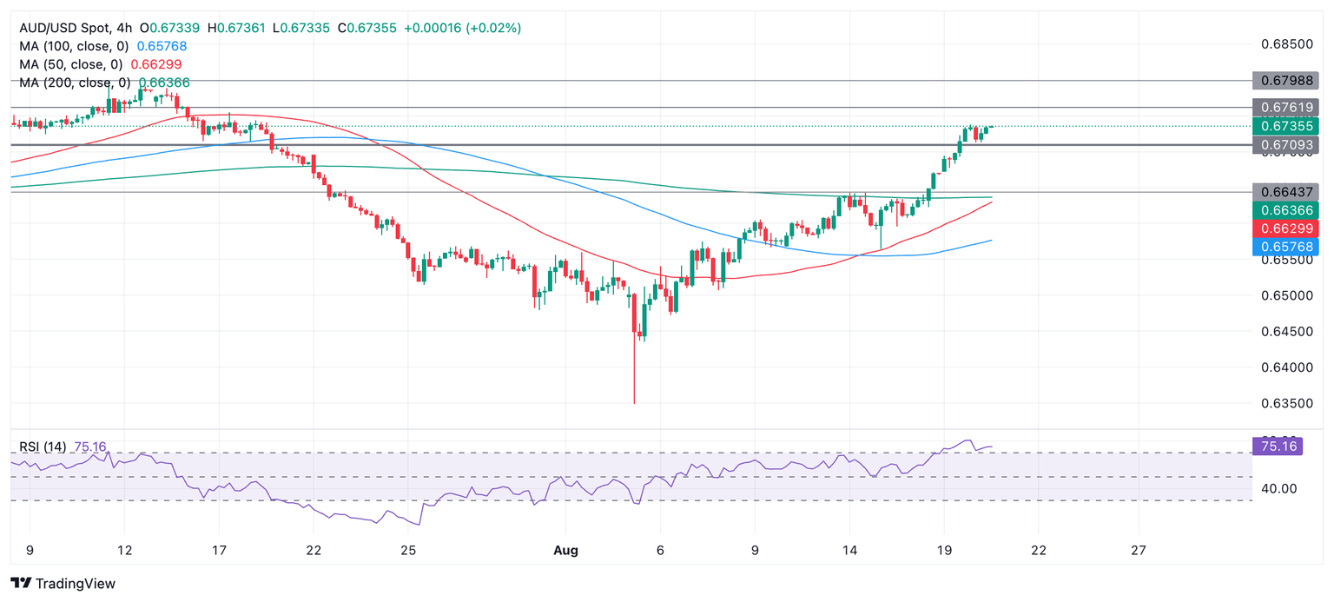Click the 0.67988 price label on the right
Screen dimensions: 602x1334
1286,81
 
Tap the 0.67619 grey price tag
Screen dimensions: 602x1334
1286,108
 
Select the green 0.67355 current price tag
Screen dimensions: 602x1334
1286,126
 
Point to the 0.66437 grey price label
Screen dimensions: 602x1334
1286,191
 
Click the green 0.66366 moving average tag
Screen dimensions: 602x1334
1286,210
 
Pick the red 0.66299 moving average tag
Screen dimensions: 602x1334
1286,228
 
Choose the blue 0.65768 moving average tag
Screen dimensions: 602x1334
1286,248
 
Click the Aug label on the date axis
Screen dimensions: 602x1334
565,550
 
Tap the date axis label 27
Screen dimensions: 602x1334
1139,550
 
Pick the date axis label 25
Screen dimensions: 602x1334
409,550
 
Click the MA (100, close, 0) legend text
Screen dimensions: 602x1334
75,46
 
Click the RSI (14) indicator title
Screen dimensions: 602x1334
43,447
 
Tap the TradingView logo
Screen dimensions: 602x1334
63,584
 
